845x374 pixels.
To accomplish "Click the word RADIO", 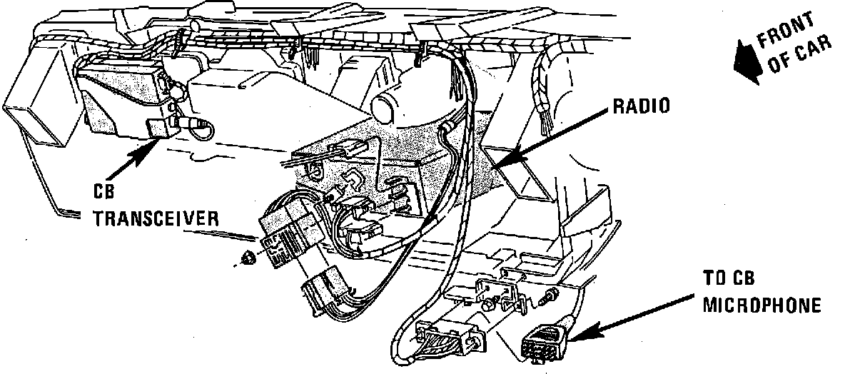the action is click(641, 107).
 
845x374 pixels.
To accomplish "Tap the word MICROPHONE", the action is click(761, 306).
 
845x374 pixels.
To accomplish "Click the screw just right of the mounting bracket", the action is click(550, 294).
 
